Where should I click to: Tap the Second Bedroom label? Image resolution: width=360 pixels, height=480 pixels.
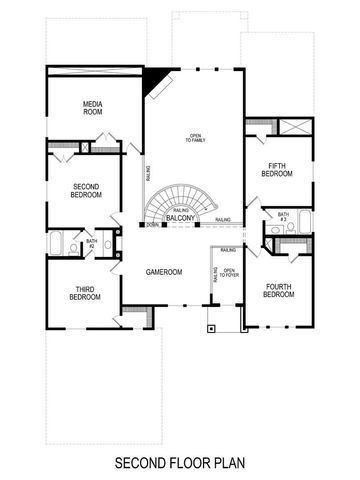click(86, 190)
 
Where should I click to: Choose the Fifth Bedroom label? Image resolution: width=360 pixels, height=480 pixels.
click(276, 170)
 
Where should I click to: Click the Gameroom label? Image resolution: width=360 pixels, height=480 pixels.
click(161, 271)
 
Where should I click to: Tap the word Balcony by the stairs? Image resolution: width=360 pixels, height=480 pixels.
click(181, 217)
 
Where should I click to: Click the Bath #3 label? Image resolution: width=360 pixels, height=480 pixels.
click(283, 217)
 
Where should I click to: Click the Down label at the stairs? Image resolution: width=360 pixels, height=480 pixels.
click(152, 225)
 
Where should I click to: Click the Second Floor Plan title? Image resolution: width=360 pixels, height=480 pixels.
click(179, 463)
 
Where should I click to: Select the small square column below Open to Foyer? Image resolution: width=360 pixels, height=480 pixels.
click(210, 325)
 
